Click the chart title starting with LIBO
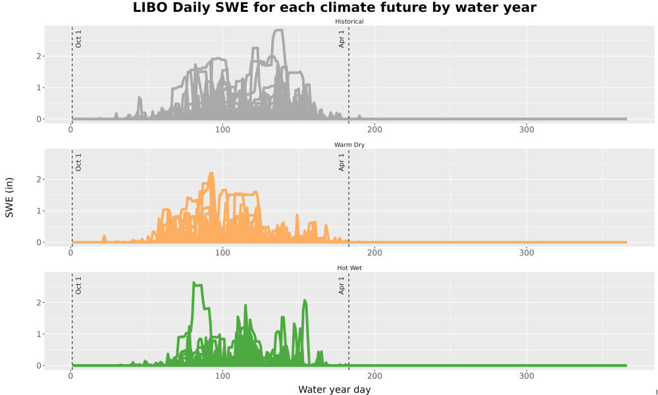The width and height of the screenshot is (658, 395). click(x=334, y=7)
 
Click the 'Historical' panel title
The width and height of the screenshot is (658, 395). click(x=349, y=22)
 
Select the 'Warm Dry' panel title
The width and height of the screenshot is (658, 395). click(x=349, y=145)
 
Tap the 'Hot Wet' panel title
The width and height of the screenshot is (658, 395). click(x=349, y=268)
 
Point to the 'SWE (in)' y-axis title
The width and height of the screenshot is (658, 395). click(x=9, y=197)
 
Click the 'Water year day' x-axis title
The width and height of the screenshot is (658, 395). click(x=334, y=390)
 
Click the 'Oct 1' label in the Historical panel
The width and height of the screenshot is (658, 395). click(x=78, y=39)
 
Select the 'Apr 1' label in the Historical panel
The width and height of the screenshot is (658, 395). click(x=342, y=39)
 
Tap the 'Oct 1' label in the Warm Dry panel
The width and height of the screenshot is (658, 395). click(x=78, y=163)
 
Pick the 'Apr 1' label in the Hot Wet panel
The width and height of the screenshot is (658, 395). click(x=342, y=286)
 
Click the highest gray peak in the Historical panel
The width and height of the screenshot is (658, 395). click(x=278, y=30)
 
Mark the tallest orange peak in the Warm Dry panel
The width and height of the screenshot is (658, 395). click(x=211, y=173)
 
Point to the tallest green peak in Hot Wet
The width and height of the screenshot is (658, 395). click(x=194, y=283)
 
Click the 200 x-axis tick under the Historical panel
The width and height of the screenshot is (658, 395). click(x=374, y=130)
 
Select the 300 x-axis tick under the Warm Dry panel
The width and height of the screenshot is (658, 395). click(x=526, y=253)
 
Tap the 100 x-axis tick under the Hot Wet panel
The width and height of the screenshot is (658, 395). click(x=222, y=376)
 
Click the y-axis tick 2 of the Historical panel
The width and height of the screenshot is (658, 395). click(x=39, y=56)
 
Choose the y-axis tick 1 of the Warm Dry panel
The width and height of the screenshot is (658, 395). click(x=39, y=211)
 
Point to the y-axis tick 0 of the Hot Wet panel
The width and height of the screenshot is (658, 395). click(x=39, y=365)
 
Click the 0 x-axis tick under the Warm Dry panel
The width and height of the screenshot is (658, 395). click(x=70, y=253)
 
